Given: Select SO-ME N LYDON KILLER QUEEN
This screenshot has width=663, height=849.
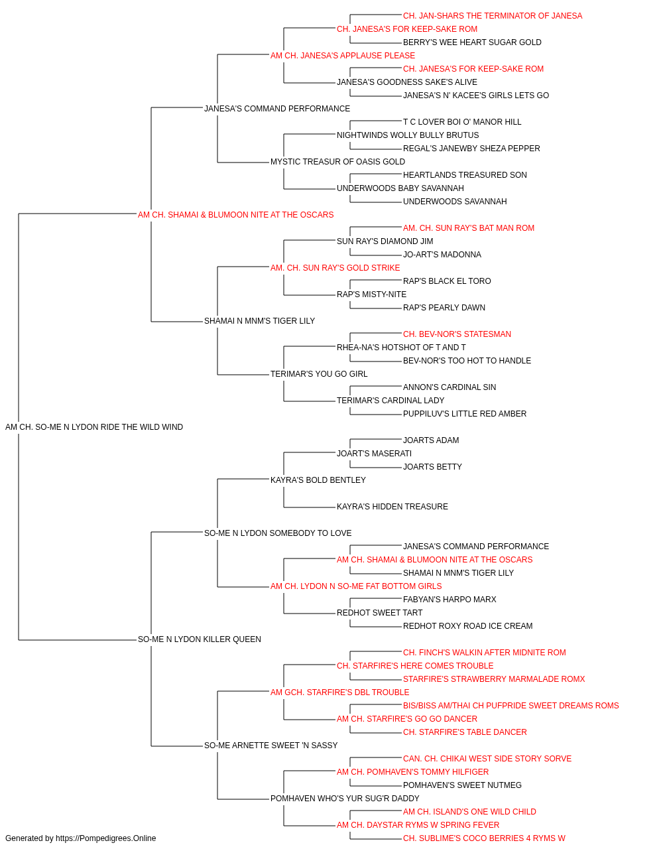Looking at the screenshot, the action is pyautogui.click(x=200, y=639).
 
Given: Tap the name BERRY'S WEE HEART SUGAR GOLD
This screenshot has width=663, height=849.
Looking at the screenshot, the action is pyautogui.click(x=472, y=42).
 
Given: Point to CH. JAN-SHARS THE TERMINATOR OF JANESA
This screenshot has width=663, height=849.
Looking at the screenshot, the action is pyautogui.click(x=493, y=16).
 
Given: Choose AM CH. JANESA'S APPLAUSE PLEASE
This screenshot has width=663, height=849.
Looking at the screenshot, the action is pyautogui.click(x=342, y=56).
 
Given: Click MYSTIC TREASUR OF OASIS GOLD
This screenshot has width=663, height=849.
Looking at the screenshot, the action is pyautogui.click(x=337, y=162).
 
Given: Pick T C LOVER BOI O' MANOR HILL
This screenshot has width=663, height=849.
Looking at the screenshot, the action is pyautogui.click(x=462, y=122).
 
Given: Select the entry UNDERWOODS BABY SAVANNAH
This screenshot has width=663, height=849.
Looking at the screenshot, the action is pyautogui.click(x=400, y=188).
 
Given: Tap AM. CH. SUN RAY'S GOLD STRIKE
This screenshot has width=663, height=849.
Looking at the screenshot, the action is pyautogui.click(x=335, y=268).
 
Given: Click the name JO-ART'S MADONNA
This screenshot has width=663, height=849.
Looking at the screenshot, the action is pyautogui.click(x=442, y=255).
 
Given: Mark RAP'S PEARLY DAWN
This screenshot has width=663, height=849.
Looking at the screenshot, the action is pyautogui.click(x=444, y=308).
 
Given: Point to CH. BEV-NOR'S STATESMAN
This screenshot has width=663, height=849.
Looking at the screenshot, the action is pyautogui.click(x=457, y=334).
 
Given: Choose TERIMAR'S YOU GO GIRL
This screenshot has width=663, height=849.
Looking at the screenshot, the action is pyautogui.click(x=319, y=374).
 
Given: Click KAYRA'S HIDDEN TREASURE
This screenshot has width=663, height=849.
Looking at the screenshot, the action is pyautogui.click(x=392, y=507).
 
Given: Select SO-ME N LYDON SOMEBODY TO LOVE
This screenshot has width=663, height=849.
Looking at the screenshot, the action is pyautogui.click(x=278, y=533).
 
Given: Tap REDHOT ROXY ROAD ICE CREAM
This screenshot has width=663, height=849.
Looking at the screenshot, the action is pyautogui.click(x=468, y=626).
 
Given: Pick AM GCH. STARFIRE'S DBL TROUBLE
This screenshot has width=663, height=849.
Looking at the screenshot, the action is pyautogui.click(x=339, y=692).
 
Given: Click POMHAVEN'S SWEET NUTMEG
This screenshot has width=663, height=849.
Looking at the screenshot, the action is pyautogui.click(x=462, y=785).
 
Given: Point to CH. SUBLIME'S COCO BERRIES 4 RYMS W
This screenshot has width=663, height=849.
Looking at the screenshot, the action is pyautogui.click(x=484, y=838).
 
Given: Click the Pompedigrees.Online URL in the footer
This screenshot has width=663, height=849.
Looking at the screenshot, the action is pyautogui.click(x=106, y=838).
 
